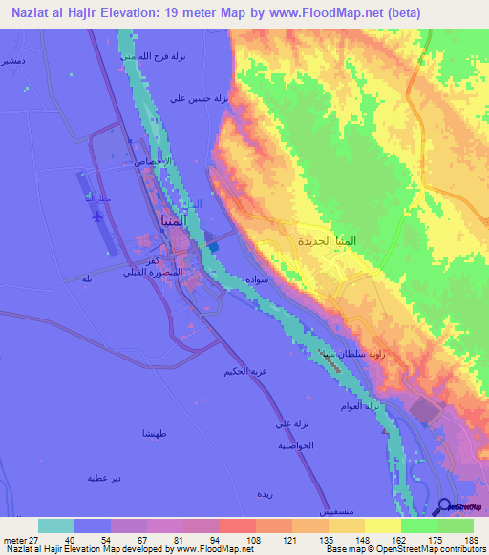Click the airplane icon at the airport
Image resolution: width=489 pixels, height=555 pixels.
point(97,216)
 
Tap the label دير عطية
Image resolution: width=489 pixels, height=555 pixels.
point(106,477)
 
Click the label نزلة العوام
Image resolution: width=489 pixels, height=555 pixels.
point(360,407)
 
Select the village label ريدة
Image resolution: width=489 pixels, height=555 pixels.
point(266,494)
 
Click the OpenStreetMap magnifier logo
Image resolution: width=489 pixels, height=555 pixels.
point(445,506)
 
